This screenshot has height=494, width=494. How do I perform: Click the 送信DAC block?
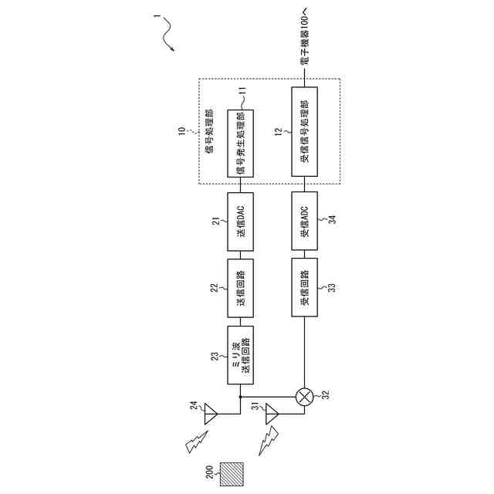tap(241, 222)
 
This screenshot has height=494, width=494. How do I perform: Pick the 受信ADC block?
tap(304, 222)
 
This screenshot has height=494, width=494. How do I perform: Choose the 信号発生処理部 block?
tap(241, 144)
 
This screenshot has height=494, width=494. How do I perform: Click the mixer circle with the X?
tap(305, 397)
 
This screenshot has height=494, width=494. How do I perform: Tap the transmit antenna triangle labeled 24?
tap(211, 418)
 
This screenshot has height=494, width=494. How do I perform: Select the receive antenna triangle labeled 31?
tap(272, 418)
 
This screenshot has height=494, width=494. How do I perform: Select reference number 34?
tap(331, 222)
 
